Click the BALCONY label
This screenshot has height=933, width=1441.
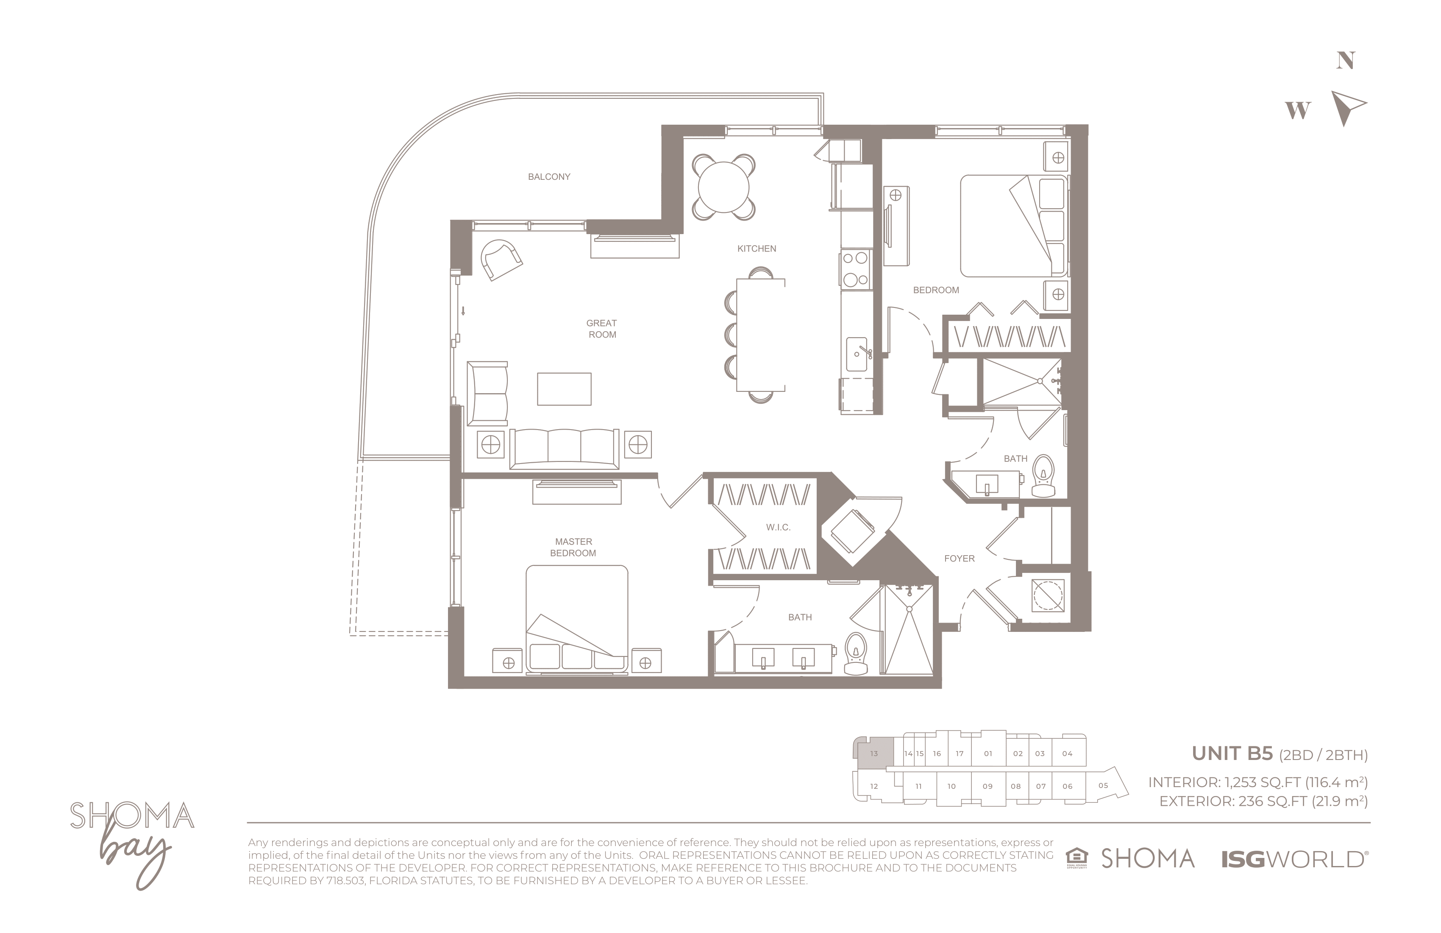(x=548, y=177)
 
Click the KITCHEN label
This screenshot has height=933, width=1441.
(x=756, y=249)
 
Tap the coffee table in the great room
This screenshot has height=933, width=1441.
(x=564, y=389)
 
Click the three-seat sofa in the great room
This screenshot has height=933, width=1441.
(x=564, y=449)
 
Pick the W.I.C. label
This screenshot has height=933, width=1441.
(x=778, y=528)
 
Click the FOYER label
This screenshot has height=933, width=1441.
(x=959, y=559)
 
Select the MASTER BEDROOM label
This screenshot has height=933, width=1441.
(x=573, y=547)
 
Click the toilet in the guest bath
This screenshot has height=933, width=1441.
(x=1043, y=476)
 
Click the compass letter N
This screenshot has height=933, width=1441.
(x=1345, y=61)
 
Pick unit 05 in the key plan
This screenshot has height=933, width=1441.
(x=1103, y=786)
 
